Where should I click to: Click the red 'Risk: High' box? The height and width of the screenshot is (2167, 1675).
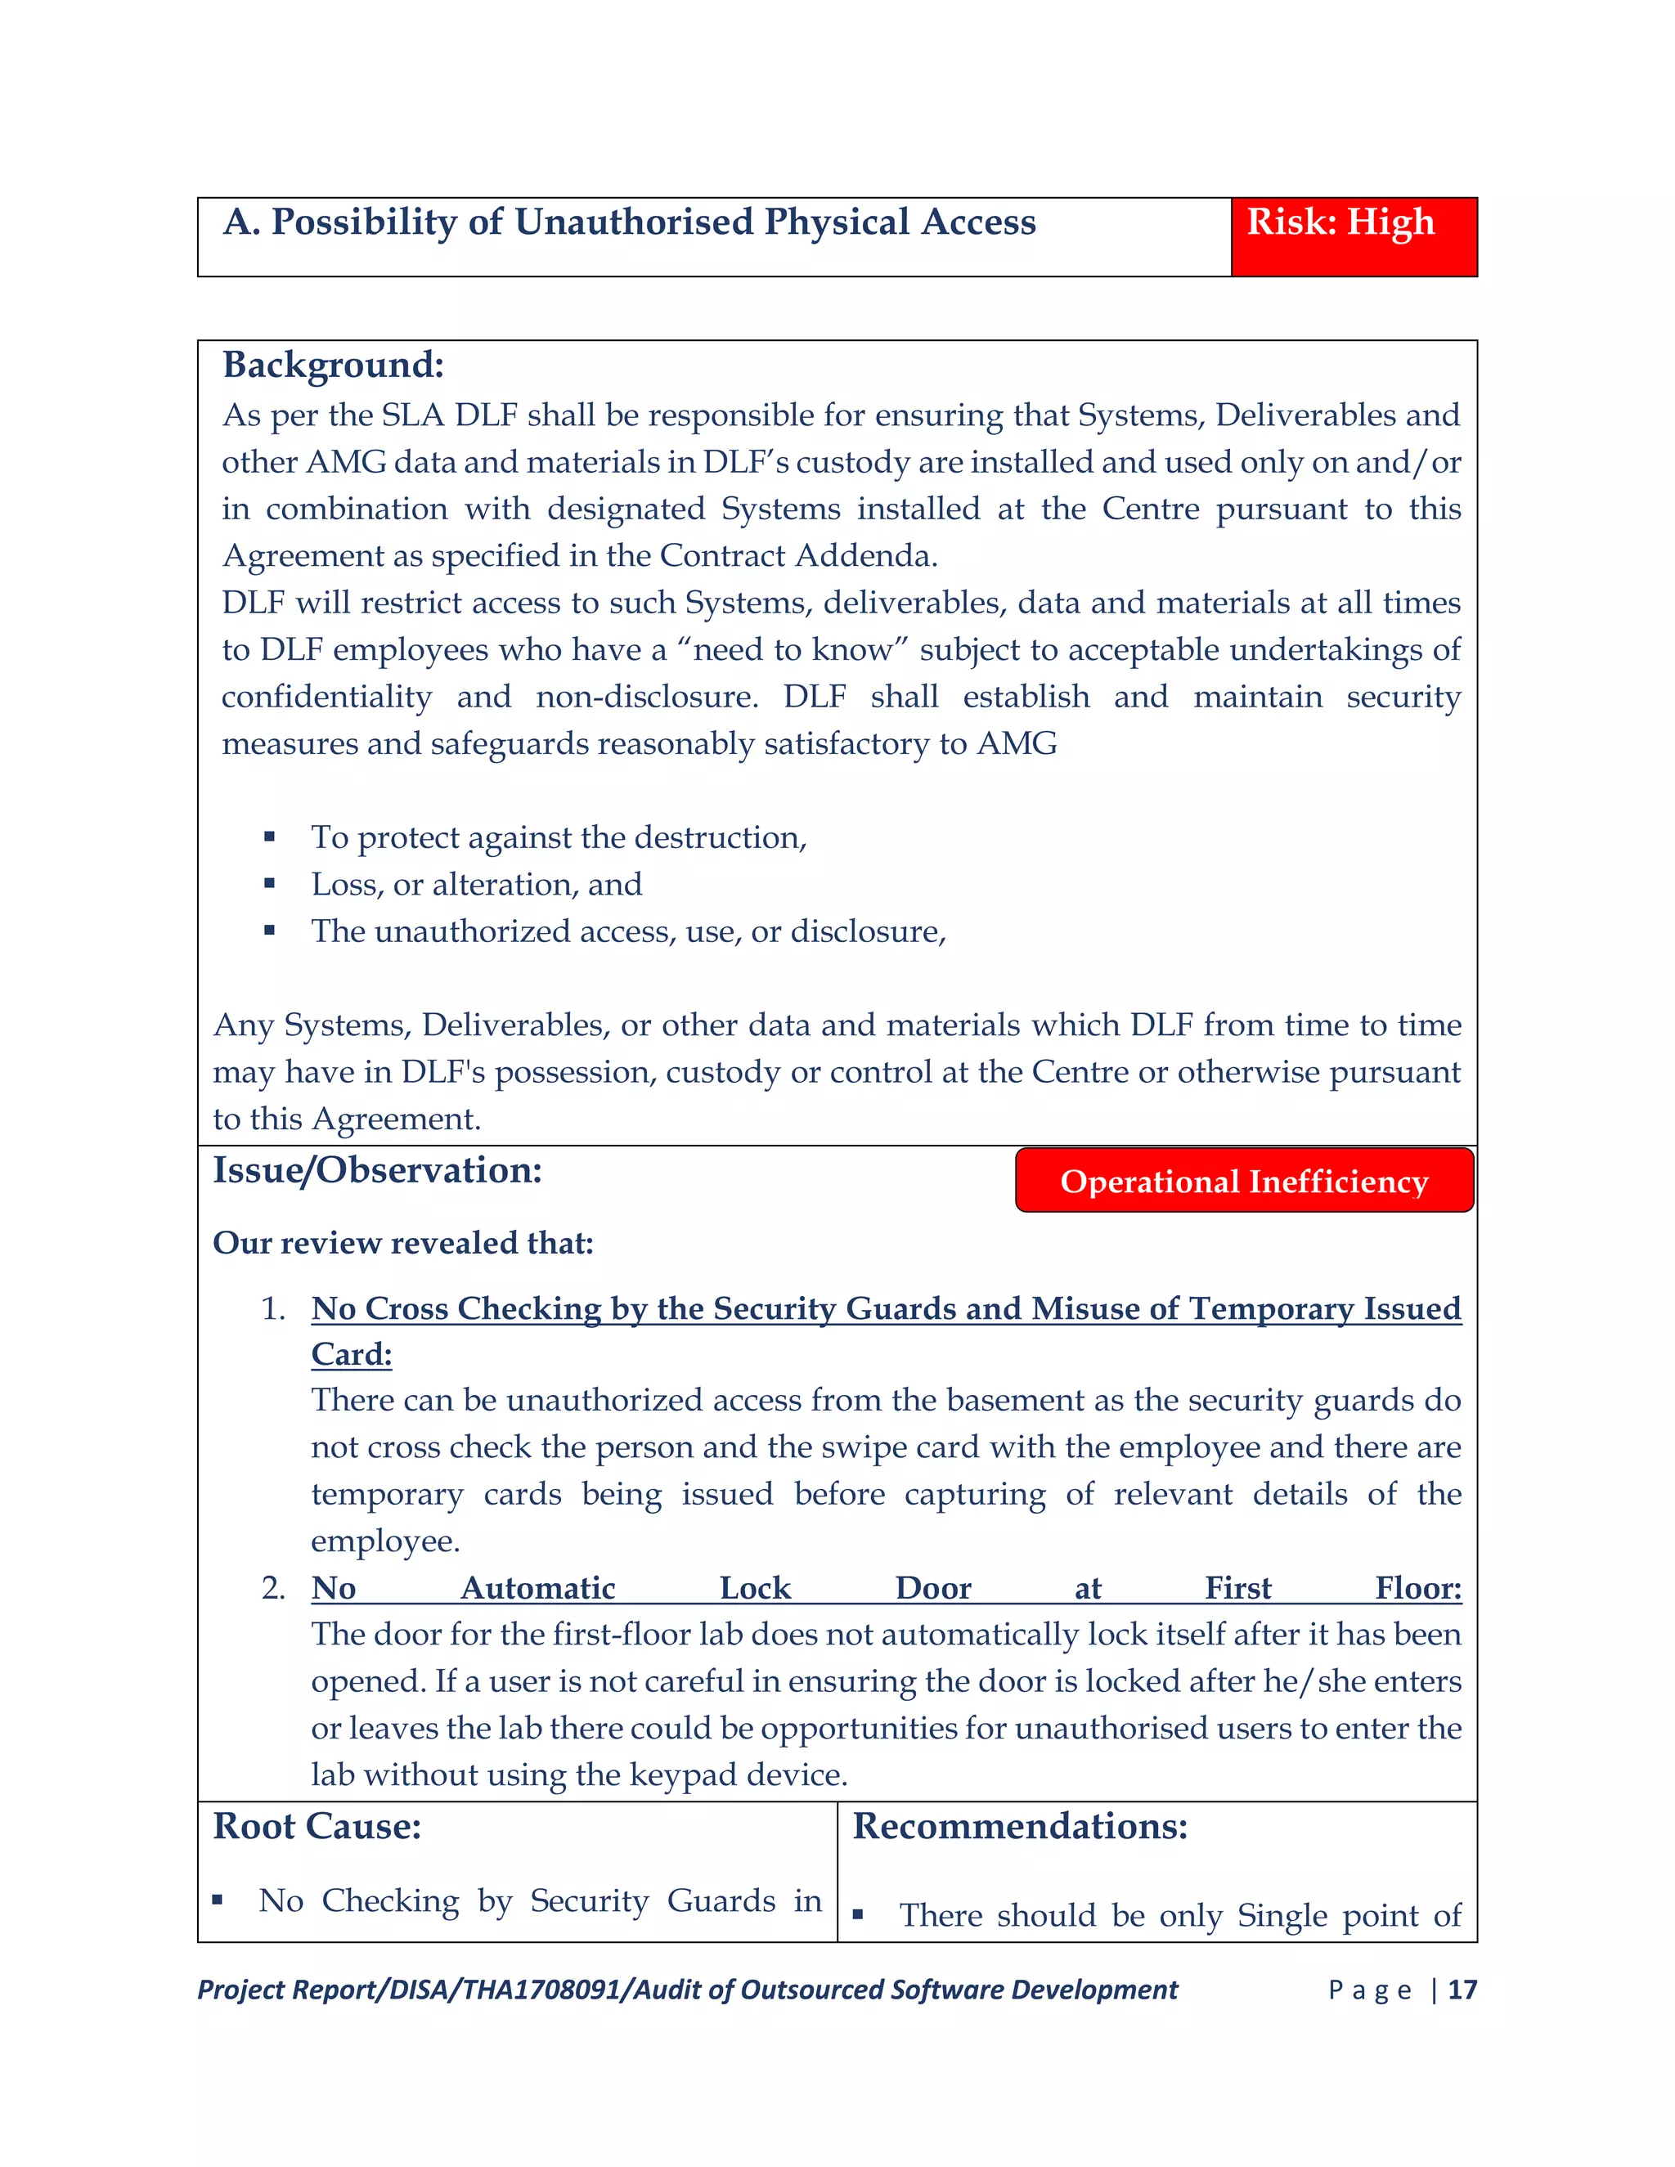pos(1354,236)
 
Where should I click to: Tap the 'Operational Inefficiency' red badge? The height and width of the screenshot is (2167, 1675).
pos(1243,1181)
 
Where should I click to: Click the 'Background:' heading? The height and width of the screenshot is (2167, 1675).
pos(332,366)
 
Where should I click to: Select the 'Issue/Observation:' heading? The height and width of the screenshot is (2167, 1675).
pos(377,1171)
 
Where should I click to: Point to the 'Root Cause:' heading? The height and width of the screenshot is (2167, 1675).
pos(317,1827)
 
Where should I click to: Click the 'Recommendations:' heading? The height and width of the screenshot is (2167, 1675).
pos(1019,1827)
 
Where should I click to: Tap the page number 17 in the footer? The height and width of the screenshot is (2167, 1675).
pos(1462,1990)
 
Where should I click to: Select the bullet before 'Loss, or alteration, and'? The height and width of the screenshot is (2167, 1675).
pos(269,883)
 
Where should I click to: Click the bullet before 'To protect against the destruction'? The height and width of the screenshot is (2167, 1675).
pos(269,837)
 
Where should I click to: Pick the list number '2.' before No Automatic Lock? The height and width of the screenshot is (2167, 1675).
pos(273,1587)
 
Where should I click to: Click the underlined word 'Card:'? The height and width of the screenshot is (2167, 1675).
pos(351,1354)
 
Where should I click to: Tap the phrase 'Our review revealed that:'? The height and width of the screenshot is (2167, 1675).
pos(403,1243)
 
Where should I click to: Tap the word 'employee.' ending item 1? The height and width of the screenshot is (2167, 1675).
pos(385,1541)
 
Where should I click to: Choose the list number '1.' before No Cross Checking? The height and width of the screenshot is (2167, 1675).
pos(273,1308)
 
